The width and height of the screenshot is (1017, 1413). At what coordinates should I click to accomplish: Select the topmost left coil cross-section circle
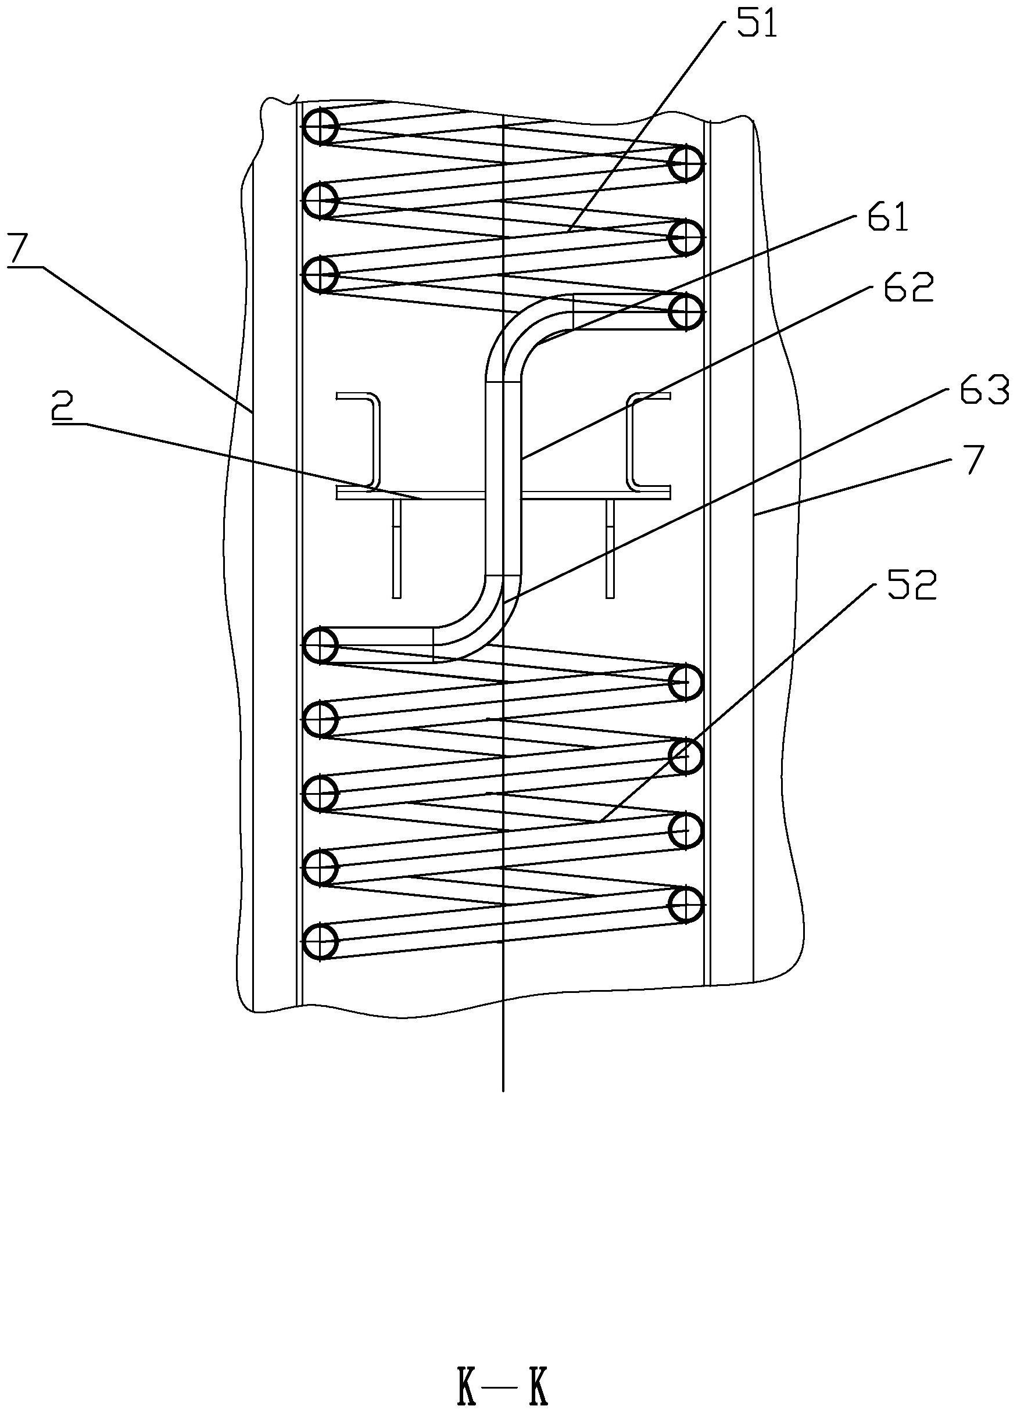320,127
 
